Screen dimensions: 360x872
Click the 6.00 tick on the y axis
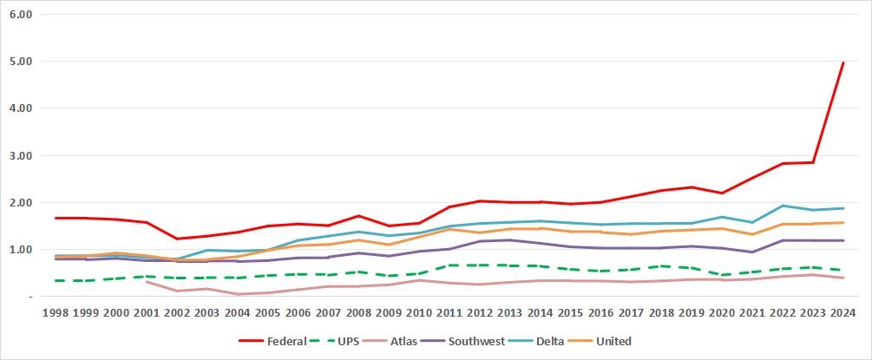[x=20, y=15]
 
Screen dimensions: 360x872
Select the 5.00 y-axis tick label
[x=20, y=62]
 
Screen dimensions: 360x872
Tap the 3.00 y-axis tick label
[x=20, y=156]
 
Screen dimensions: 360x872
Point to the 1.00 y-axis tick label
[x=20, y=250]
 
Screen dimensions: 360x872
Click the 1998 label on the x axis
[x=56, y=312]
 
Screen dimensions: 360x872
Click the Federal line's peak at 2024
[x=843, y=62]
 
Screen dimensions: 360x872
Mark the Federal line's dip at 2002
[x=176, y=239]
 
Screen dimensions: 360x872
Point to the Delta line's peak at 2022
[x=783, y=206]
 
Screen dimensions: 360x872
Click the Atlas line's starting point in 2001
[x=146, y=281]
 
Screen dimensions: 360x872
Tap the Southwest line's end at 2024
[x=843, y=240]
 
